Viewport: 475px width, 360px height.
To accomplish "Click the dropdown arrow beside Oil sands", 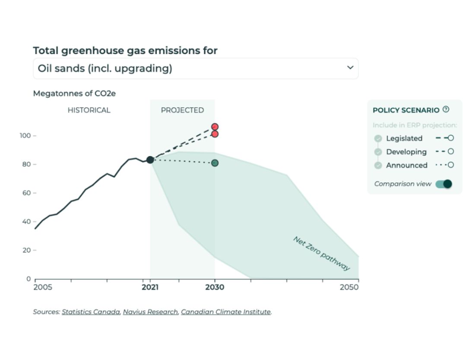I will (350, 68).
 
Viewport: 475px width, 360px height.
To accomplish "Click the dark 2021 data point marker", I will (150, 160).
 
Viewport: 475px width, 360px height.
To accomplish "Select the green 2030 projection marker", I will (215, 163).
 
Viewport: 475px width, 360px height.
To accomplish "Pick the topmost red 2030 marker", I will (215, 127).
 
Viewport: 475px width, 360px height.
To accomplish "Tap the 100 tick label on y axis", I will (25, 136).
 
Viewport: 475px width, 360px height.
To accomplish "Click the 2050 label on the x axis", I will (349, 287).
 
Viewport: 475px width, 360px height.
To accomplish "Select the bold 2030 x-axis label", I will (215, 287).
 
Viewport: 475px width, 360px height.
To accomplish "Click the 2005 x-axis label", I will (43, 287).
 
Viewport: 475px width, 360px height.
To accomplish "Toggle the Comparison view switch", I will (444, 184).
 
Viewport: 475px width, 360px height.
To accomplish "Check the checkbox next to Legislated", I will (378, 138).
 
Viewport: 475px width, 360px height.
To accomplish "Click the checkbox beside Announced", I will (378, 165).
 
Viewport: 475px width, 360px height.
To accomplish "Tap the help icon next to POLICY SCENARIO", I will (446, 110).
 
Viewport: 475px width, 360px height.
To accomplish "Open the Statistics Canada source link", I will (91, 312).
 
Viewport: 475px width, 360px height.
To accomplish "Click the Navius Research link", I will (150, 312).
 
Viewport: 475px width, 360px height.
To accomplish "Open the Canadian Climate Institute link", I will (226, 312).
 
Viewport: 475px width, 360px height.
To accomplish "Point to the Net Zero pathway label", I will (322, 253).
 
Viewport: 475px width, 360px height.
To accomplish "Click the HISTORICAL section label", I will (89, 110).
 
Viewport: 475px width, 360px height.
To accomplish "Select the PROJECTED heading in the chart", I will (182, 110).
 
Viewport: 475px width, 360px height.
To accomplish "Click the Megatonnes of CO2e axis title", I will (74, 93).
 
